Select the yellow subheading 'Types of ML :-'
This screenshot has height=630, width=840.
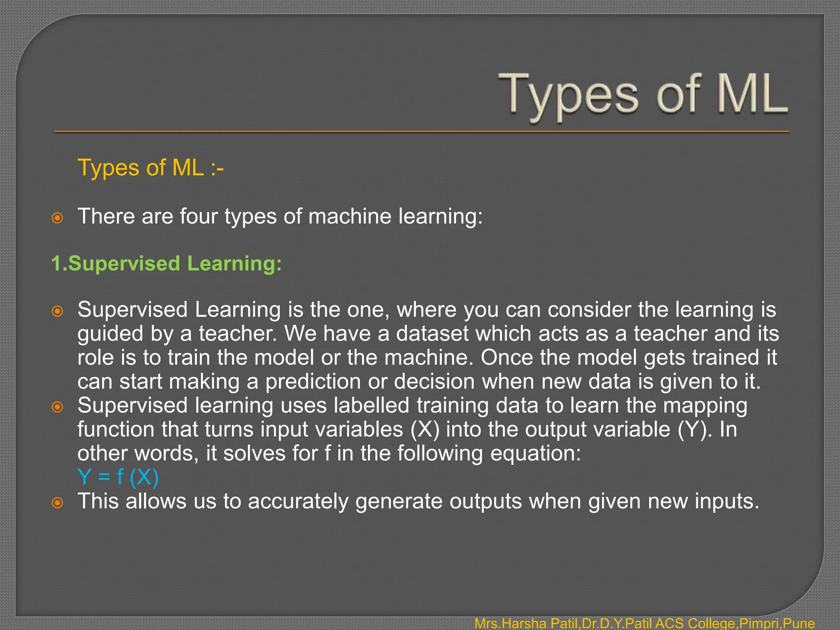(x=151, y=168)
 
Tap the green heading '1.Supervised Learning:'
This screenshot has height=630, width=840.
(x=167, y=263)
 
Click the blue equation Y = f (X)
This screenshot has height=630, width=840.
(x=118, y=477)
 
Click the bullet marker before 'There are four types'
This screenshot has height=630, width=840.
(x=57, y=218)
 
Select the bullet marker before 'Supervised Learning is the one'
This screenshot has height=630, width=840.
(x=57, y=311)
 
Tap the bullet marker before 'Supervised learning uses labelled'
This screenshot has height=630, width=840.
(x=57, y=407)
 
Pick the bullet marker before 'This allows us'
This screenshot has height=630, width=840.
(x=57, y=502)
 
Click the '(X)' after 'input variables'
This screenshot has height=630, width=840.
(x=425, y=429)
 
